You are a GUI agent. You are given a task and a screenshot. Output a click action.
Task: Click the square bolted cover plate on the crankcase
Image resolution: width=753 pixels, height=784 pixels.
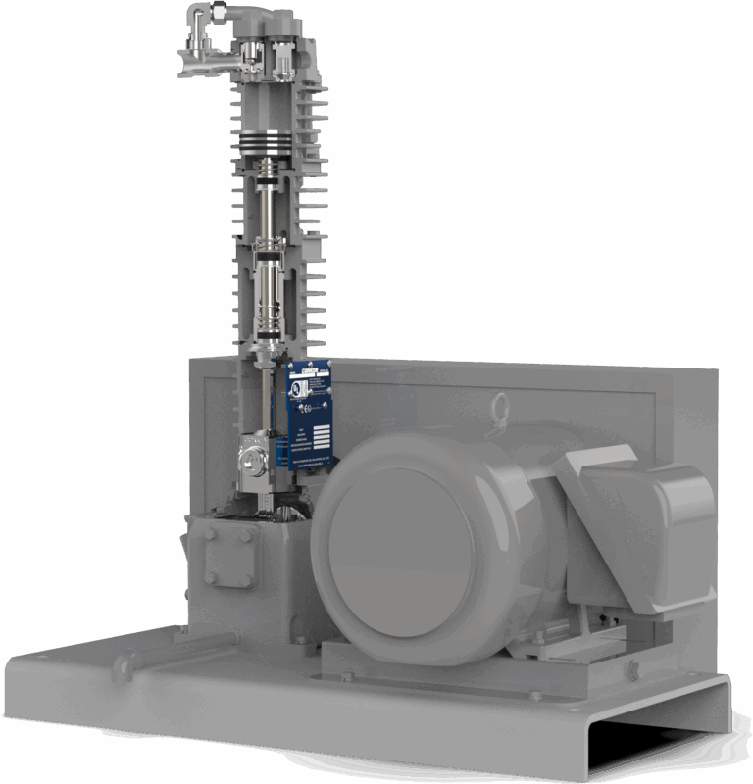click(x=231, y=558)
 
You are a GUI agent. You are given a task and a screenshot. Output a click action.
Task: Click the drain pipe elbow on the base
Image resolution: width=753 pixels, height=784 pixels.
click(x=125, y=670)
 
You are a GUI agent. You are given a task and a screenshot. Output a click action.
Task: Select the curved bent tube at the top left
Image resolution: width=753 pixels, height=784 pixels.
click(x=196, y=39)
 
